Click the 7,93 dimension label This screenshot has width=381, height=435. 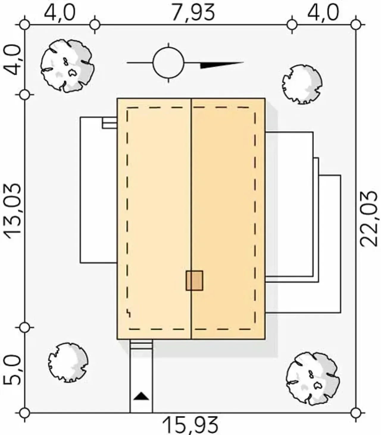coord(193,13)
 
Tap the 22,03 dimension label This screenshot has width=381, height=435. coord(369,219)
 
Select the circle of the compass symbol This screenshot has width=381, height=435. coord(168,63)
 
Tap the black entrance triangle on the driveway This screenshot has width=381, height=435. coord(141,396)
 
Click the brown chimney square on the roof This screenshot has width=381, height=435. coord(194,280)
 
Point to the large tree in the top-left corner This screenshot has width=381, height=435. coord(67,66)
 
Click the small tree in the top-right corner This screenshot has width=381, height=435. coord(302,85)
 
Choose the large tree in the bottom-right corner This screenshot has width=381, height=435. coord(313,379)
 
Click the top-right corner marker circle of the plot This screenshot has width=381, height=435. coord(356,25)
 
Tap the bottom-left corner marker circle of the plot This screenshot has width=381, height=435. coord(25,413)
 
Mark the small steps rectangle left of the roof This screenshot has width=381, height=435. coord(110,123)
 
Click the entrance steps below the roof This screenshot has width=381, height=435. coord(141,344)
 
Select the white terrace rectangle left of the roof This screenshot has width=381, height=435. coord(99,190)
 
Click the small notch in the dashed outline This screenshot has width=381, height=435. coord(129,314)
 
